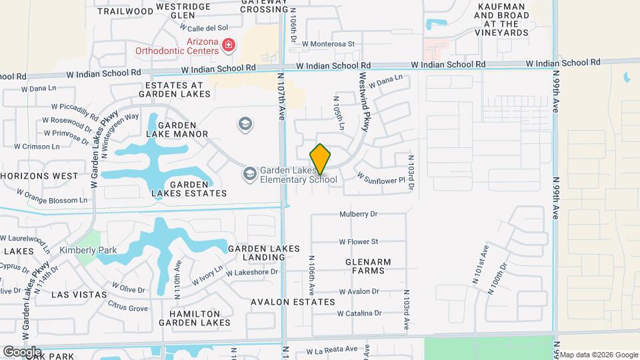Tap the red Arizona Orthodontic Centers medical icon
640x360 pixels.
point(229,45)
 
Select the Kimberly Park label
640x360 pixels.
point(88,251)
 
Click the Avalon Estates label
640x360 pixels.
point(293,302)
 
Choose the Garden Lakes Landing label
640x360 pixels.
point(263,253)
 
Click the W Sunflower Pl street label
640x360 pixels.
point(381,179)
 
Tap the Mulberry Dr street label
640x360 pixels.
point(358,215)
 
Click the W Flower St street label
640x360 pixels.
point(358,241)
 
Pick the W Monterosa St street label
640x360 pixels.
point(328,43)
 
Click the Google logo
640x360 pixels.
point(22,351)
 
